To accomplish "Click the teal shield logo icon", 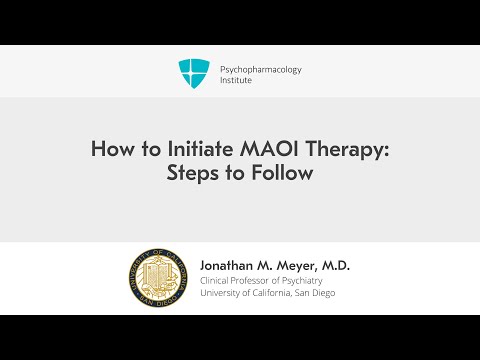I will (x=193, y=73).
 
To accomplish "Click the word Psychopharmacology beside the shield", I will (x=260, y=69).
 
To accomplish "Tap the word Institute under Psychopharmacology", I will (x=236, y=81).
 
